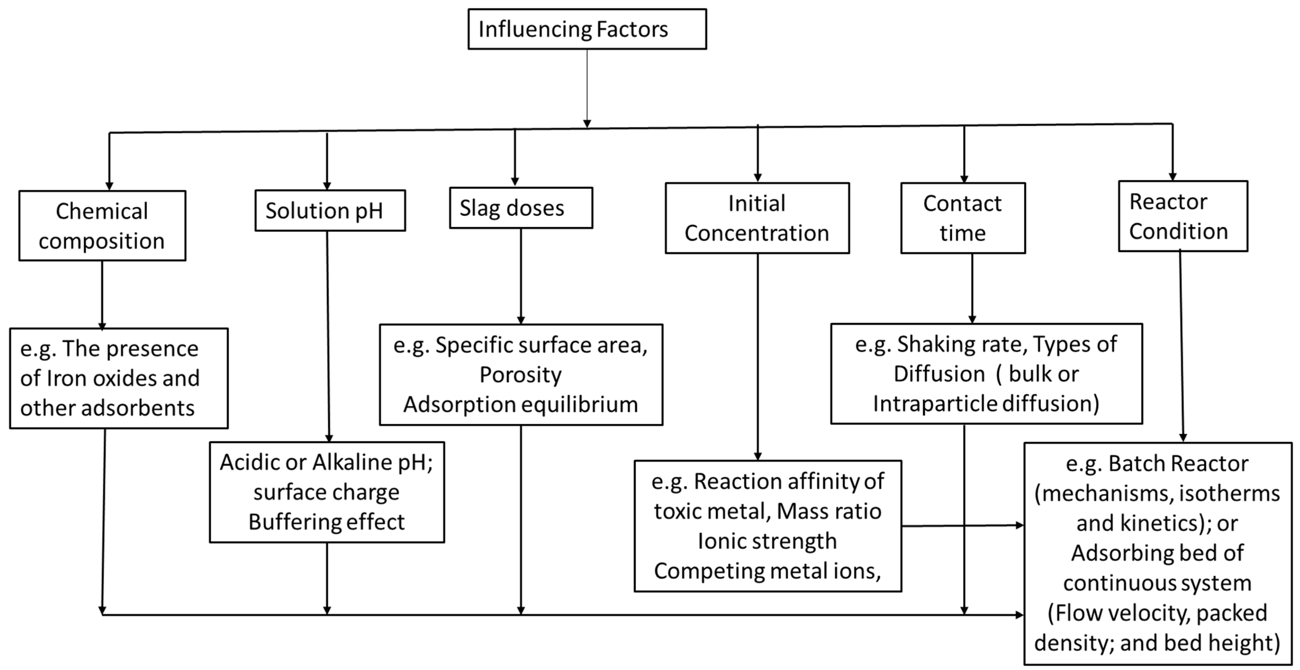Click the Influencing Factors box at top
(x=587, y=29)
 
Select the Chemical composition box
(x=102, y=226)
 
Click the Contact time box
(x=963, y=218)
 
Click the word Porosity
(x=520, y=375)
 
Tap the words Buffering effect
(x=326, y=522)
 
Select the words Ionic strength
(x=767, y=541)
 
